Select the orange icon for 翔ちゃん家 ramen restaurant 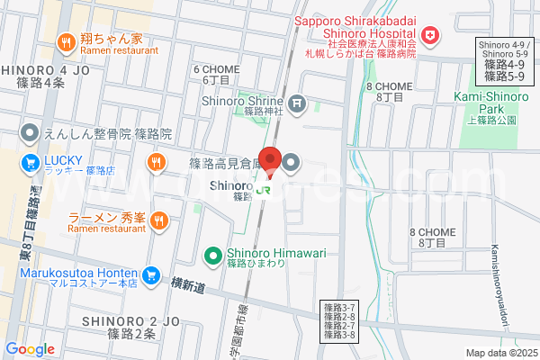[66, 40]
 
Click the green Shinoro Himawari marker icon [213, 256]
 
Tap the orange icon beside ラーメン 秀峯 [158, 219]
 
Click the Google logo [30, 349]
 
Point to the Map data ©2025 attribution [500, 352]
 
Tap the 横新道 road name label [188, 284]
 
